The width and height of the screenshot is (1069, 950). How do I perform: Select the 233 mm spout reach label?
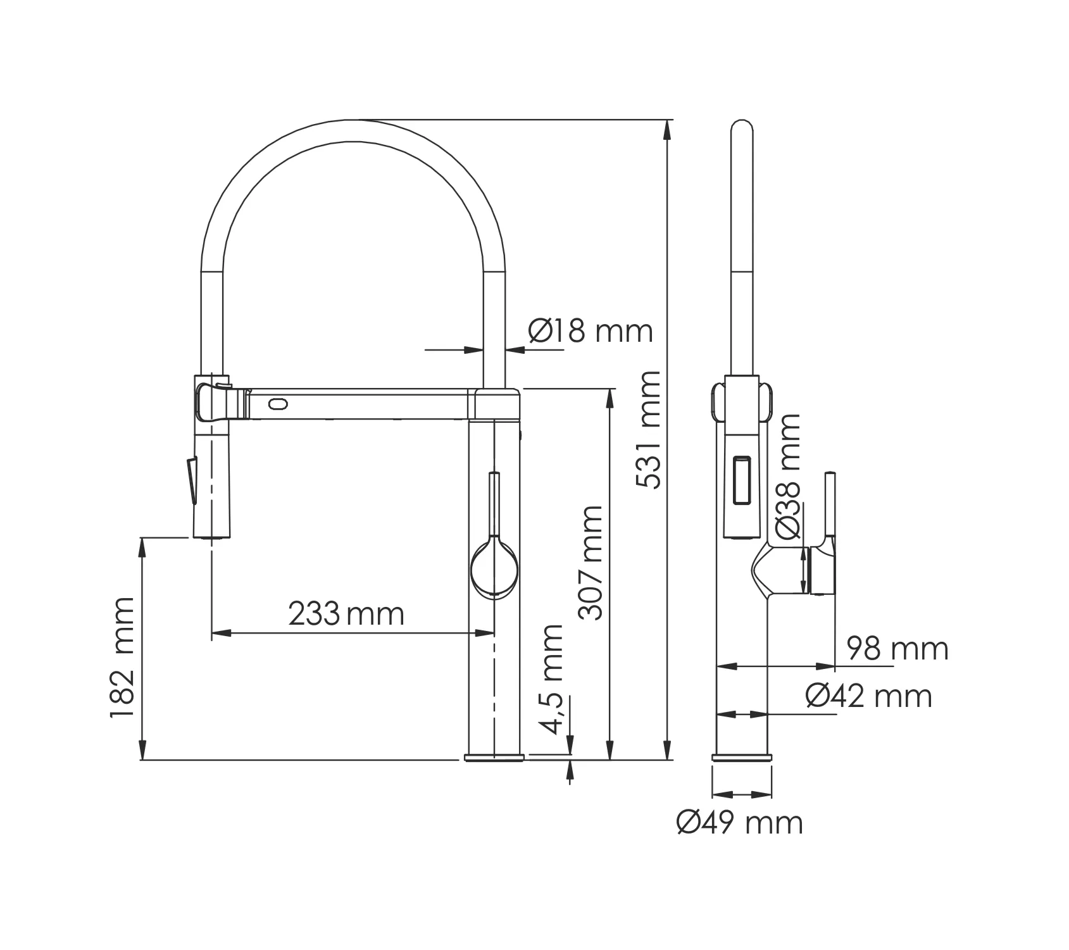(346, 613)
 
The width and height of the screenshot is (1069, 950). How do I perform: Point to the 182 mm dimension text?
(122, 658)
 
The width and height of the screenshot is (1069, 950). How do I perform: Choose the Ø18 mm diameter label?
(590, 330)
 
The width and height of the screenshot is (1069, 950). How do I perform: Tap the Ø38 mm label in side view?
(788, 477)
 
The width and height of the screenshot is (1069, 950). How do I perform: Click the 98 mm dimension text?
(897, 649)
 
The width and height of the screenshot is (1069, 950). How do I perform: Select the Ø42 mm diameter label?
(868, 696)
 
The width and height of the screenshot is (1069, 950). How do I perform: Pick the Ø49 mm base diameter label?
(739, 823)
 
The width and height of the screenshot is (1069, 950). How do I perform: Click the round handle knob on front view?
(494, 566)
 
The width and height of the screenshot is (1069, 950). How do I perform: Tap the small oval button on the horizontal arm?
(278, 403)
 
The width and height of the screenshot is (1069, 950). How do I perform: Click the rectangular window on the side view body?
(742, 480)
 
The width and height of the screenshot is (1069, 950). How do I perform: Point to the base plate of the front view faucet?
(494, 757)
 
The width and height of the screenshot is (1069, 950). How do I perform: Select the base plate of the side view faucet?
(742, 757)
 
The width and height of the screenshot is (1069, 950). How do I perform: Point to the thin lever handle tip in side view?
(830, 474)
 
